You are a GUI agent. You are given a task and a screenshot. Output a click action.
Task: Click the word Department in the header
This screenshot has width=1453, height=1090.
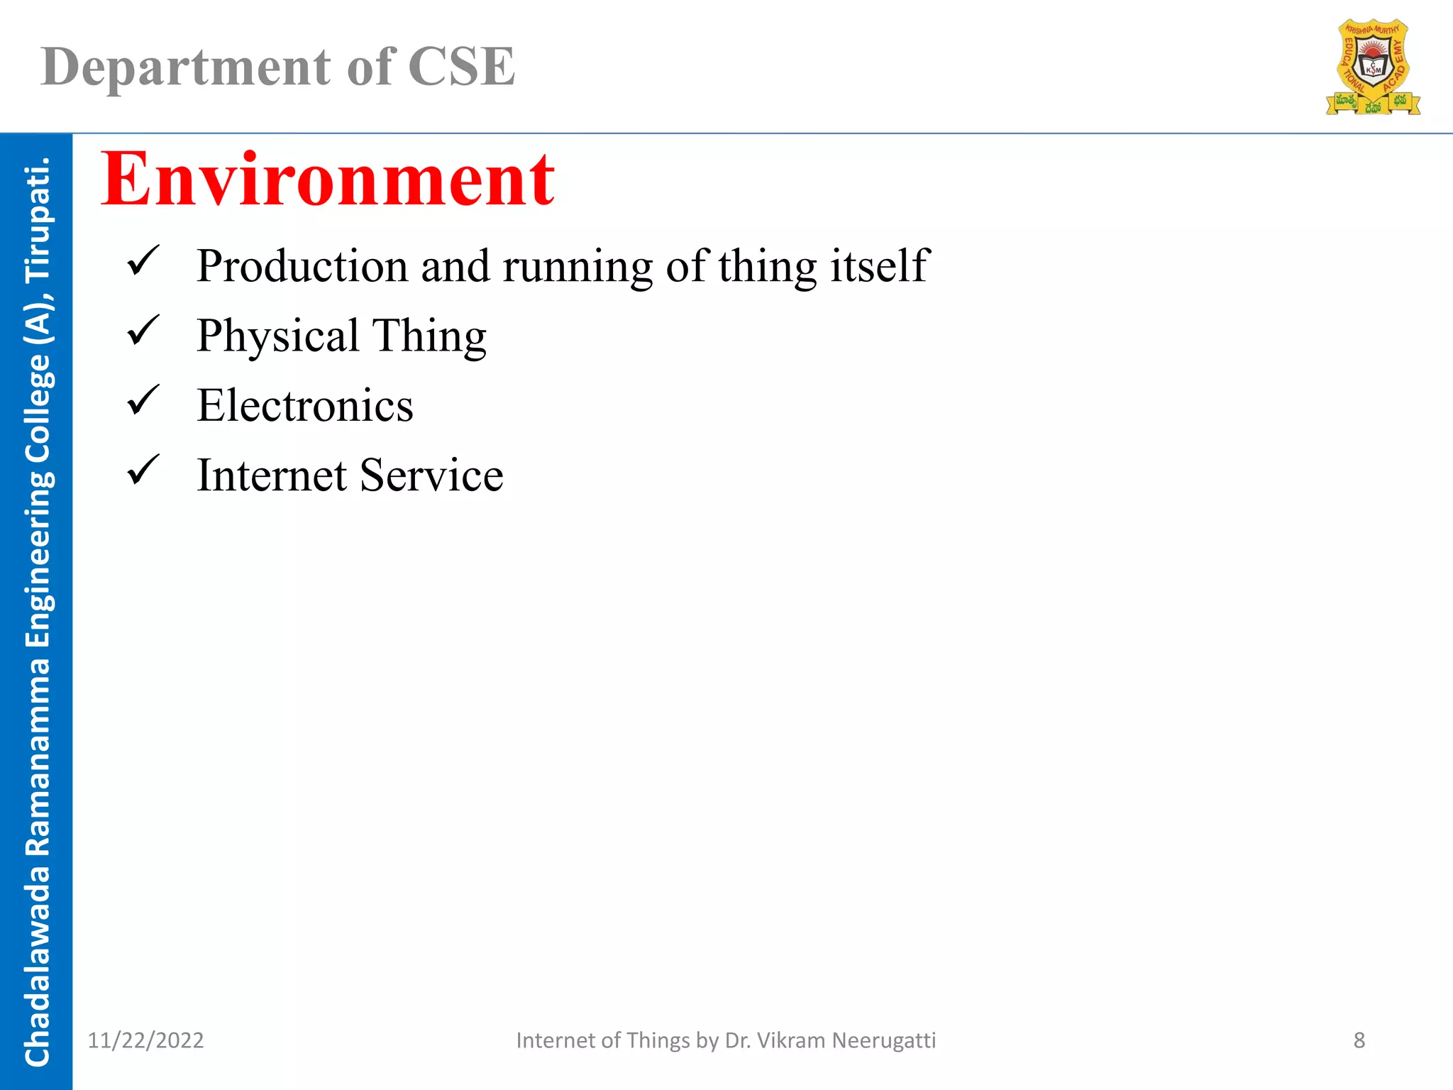[x=185, y=67]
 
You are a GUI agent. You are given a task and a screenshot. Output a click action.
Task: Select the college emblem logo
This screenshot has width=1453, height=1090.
[x=1373, y=67]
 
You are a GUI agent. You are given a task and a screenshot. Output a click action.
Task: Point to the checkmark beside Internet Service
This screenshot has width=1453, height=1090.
[x=143, y=470]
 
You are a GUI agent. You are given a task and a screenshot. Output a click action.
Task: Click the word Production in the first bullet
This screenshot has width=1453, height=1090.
[x=302, y=266]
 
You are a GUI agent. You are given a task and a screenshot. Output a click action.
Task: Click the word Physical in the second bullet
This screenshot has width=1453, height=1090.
[x=277, y=336]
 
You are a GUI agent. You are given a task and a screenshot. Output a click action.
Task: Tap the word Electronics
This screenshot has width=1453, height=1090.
[x=305, y=405]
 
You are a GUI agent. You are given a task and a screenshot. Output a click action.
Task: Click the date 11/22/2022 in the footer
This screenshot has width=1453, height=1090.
[x=145, y=1040]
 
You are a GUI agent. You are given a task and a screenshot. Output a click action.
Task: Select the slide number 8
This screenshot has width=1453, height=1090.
[x=1359, y=1040]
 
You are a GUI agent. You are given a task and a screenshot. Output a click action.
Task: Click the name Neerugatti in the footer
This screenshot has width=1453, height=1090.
[x=883, y=1040]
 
